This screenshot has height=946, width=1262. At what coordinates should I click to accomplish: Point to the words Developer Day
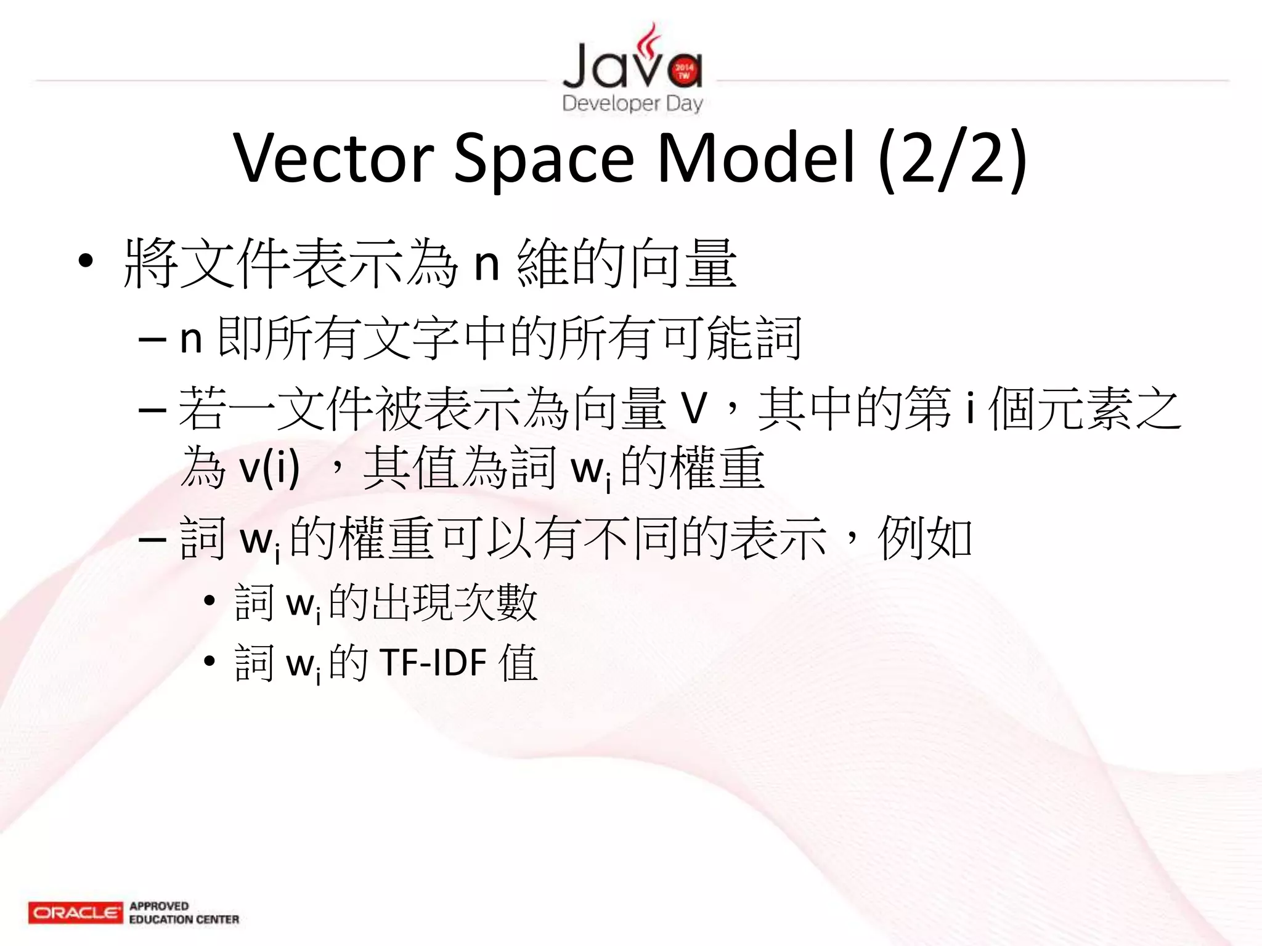632,103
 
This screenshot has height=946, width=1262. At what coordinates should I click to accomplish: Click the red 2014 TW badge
683,71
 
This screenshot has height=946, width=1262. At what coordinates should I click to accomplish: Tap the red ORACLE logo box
75,912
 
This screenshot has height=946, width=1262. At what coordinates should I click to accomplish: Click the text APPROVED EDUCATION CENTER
184,913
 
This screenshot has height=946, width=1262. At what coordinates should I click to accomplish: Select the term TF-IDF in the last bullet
433,663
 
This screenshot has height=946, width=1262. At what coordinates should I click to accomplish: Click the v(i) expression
269,468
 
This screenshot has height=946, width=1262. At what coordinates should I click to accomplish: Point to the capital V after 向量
693,408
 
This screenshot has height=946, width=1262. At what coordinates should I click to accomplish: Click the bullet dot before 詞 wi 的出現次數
210,600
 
